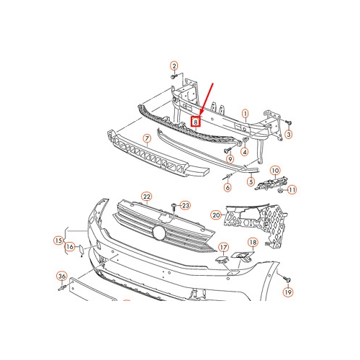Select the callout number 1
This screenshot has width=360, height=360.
click(x=244, y=113)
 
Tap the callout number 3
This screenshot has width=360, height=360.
click(x=288, y=134)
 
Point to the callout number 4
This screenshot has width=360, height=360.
click(x=245, y=152)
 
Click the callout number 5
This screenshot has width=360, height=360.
click(x=251, y=182)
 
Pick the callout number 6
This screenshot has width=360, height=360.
click(x=228, y=188)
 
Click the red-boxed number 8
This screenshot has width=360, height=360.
click(x=195, y=122)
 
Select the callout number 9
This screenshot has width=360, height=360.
click(x=230, y=158)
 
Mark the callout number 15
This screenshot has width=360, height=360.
click(x=58, y=240)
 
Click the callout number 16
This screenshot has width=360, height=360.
click(x=69, y=247)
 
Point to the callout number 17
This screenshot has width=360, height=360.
click(x=223, y=246)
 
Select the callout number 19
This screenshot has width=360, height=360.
click(x=287, y=292)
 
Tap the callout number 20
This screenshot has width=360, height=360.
click(x=216, y=214)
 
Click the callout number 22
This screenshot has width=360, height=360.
click(x=146, y=196)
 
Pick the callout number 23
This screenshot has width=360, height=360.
click(x=184, y=205)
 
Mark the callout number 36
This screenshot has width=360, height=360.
click(x=61, y=276)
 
